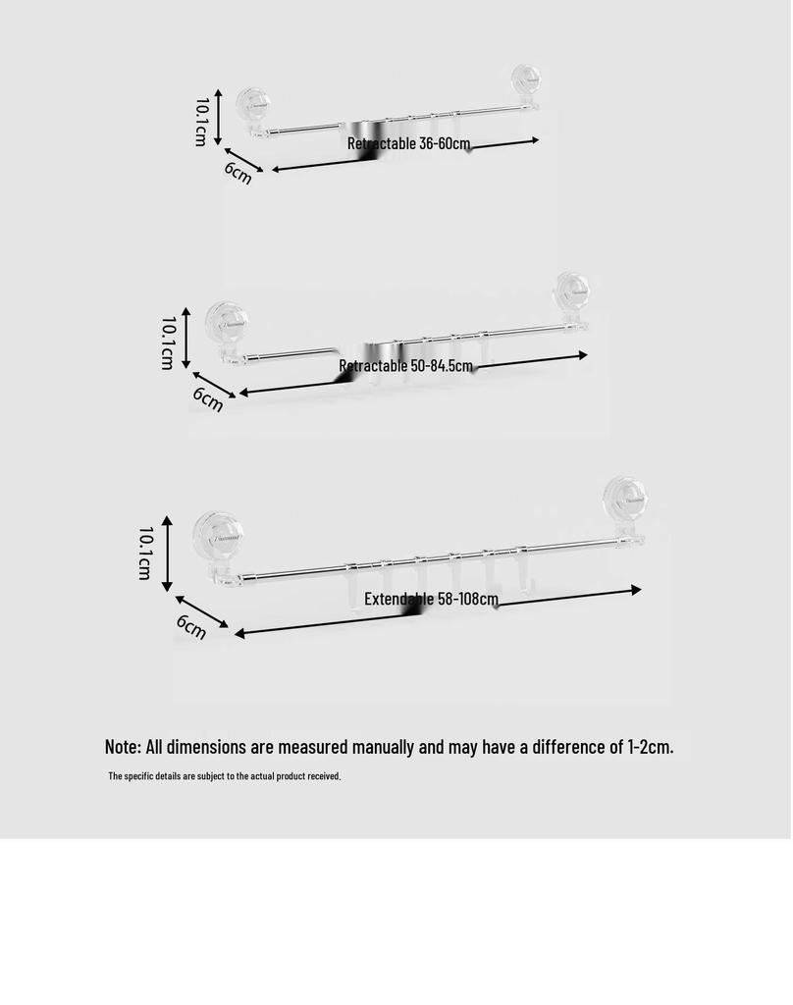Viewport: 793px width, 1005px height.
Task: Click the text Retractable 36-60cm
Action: pos(409,143)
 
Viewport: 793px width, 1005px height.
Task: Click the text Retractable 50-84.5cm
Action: pos(405,366)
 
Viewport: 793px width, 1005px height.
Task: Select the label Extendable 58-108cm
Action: pos(431,599)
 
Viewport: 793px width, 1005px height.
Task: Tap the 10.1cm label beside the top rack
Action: pos(201,122)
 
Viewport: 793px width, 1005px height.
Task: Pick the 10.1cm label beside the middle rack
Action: pos(167,343)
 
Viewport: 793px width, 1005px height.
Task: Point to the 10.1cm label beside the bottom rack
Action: pos(145,554)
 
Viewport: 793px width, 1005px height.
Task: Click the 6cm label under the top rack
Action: pos(238,173)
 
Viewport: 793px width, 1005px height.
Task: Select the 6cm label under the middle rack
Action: pos(208,399)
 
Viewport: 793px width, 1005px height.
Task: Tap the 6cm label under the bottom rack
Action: pos(191,626)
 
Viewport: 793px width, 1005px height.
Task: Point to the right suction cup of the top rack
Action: pos(526,80)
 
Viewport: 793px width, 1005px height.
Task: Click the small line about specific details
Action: pos(225,776)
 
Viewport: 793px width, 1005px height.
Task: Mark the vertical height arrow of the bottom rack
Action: pos(167,554)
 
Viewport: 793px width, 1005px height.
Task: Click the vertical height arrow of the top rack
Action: pos(218,117)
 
